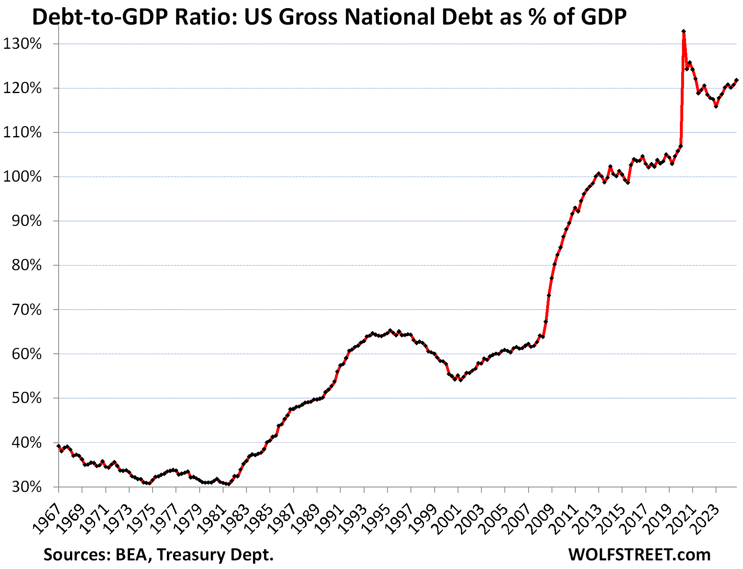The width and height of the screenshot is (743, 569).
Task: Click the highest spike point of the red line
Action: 684,31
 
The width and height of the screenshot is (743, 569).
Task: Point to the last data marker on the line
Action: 736,80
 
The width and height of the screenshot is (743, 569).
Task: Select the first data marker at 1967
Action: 59,446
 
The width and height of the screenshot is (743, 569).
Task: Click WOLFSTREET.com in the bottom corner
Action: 639,555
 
